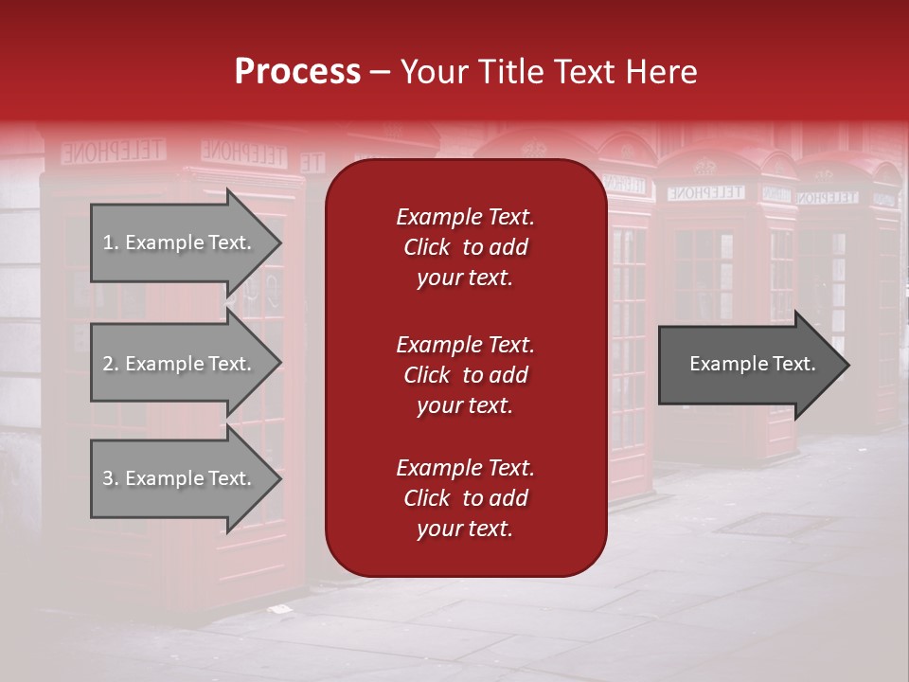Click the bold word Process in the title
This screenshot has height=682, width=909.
(x=297, y=72)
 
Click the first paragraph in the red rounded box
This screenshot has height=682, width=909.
(x=465, y=247)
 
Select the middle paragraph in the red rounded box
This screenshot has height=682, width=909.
(x=465, y=375)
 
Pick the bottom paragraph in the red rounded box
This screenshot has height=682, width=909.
(x=465, y=498)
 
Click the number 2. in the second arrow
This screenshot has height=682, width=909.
(x=111, y=364)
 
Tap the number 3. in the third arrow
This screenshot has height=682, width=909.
(x=111, y=478)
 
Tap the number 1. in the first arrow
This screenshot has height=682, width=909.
(x=111, y=242)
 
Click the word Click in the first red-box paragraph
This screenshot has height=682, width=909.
(x=427, y=247)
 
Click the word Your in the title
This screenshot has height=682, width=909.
(x=432, y=72)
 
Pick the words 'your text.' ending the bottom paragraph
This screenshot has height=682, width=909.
(x=465, y=529)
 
